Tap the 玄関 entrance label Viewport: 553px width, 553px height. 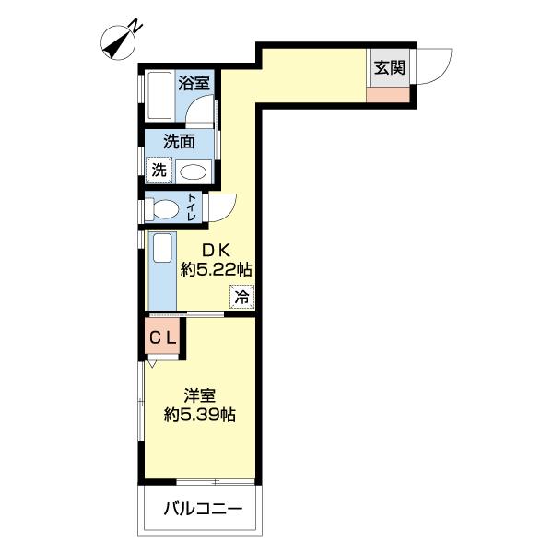[389, 67]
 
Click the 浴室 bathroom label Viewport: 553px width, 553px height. [194, 83]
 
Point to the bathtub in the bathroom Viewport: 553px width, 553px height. [159, 96]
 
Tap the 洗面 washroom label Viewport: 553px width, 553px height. [179, 141]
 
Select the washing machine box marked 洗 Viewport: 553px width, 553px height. [159, 171]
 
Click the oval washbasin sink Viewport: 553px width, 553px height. [194, 172]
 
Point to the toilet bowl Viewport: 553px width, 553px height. [166, 210]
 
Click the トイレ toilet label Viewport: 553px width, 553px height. [192, 207]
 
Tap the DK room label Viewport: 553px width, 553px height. [217, 251]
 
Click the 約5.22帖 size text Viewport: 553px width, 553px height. [217, 270]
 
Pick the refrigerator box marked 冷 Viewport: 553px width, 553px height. [241, 297]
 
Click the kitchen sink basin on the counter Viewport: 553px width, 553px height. [162, 248]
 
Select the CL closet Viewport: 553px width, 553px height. [163, 338]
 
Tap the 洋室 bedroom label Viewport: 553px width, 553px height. [200, 395]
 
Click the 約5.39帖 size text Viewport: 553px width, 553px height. [200, 415]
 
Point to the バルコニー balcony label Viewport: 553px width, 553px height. [203, 509]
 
